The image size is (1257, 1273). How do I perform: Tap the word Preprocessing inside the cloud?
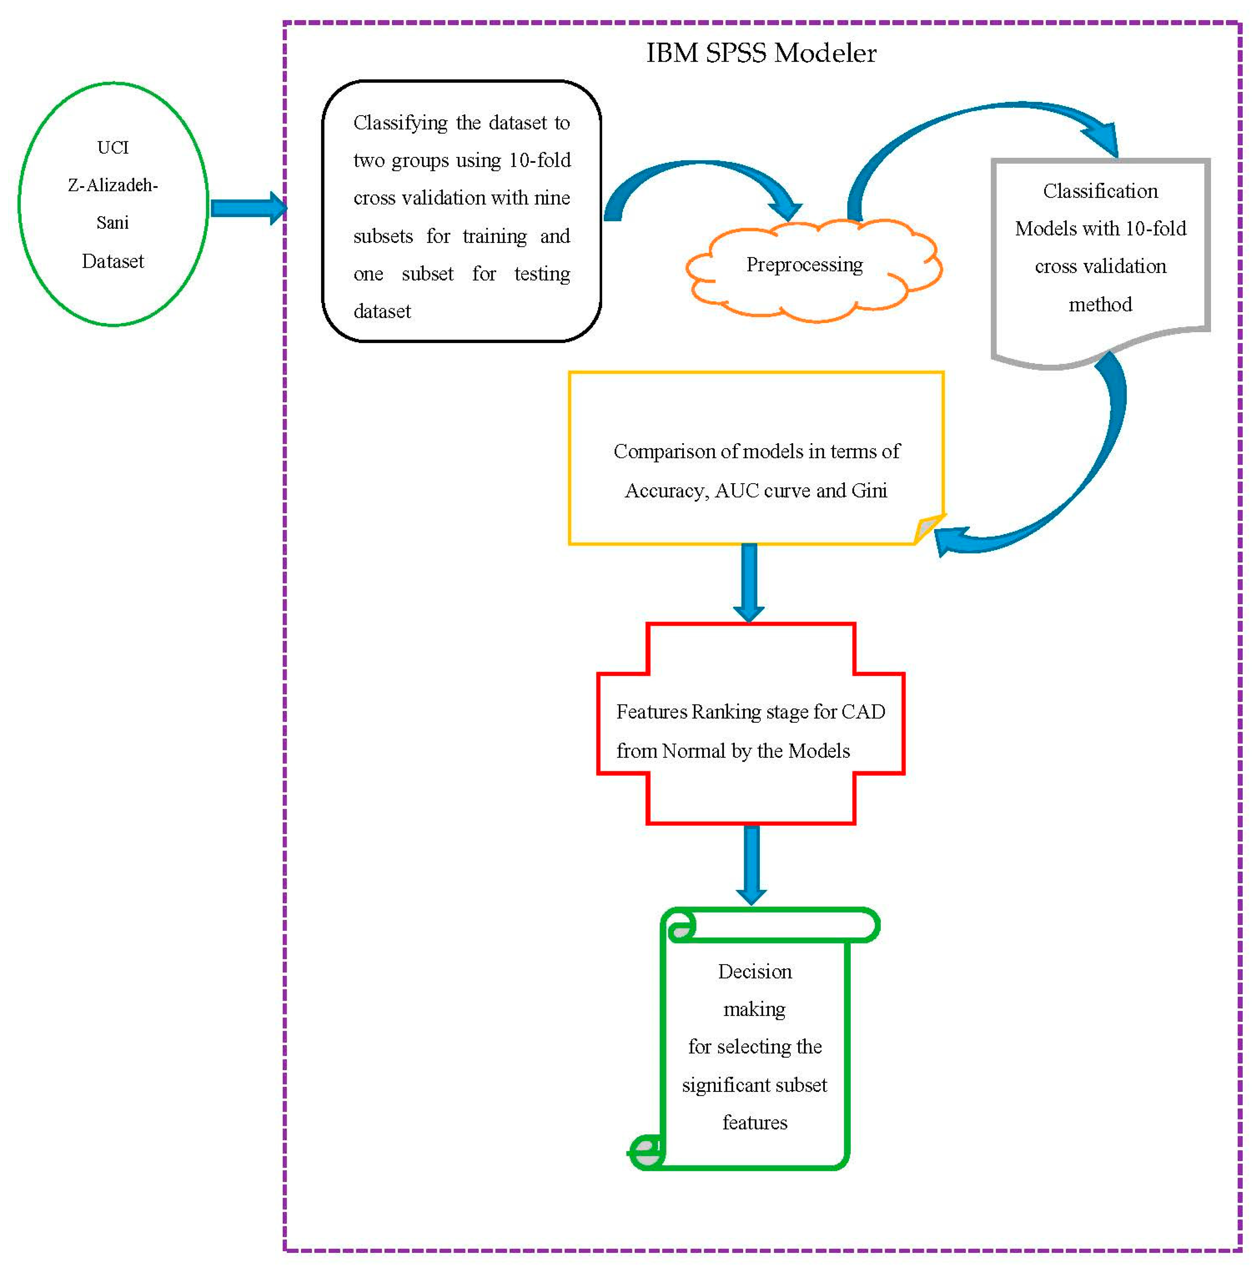click(x=804, y=265)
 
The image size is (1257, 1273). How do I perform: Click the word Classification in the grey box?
click(x=1100, y=191)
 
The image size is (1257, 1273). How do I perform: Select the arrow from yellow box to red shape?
click(x=749, y=583)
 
